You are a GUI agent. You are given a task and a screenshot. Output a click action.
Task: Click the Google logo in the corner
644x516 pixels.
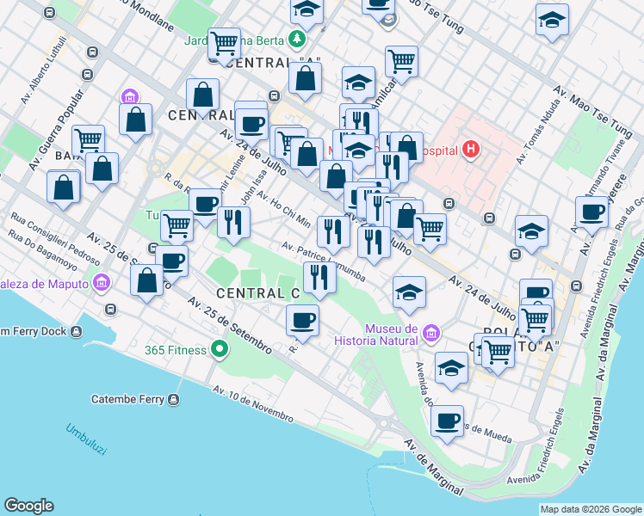tap(28, 506)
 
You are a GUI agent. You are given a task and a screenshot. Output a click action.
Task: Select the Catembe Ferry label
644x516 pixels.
tap(129, 399)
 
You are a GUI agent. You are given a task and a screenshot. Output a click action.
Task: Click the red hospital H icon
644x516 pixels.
tap(470, 149)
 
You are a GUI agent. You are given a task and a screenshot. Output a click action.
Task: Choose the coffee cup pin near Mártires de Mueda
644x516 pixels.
tap(447, 421)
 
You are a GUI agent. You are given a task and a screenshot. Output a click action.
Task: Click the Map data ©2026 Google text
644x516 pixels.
tap(590, 509)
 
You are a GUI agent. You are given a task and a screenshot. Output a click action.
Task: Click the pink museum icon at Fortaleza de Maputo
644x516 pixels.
tap(102, 282)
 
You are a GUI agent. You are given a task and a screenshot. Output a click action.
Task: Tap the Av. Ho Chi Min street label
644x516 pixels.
tap(282, 207)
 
